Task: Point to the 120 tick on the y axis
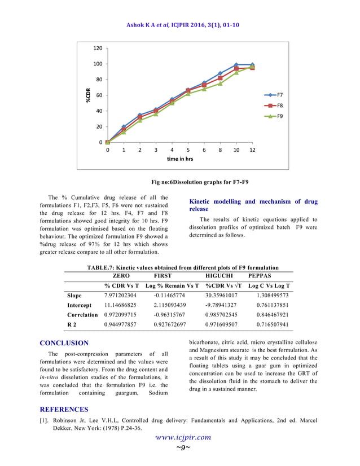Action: (98, 48)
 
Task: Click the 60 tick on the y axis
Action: (99, 95)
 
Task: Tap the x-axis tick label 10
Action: (236, 150)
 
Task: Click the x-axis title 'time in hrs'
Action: (179, 159)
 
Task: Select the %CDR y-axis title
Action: (88, 95)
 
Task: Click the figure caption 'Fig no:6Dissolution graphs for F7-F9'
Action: (200, 182)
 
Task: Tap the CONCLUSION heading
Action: (64, 343)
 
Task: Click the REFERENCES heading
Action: (64, 409)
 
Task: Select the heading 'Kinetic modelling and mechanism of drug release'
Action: (253, 205)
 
